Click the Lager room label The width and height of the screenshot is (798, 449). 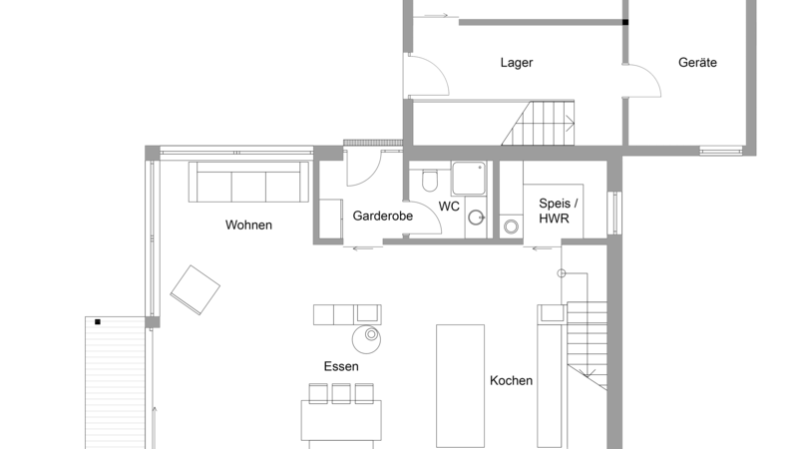(x=517, y=63)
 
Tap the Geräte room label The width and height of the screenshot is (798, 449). (x=697, y=63)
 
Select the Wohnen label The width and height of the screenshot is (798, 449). (x=248, y=225)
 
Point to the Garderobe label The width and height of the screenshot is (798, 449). (x=383, y=216)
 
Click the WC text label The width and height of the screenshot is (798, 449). (x=449, y=207)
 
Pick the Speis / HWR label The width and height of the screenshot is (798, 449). (x=558, y=211)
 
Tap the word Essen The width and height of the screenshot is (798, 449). (x=341, y=366)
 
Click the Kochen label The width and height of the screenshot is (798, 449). (x=511, y=381)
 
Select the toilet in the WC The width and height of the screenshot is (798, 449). (x=430, y=180)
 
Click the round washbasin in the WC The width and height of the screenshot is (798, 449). (x=477, y=218)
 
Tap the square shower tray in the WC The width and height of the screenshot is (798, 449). (x=469, y=179)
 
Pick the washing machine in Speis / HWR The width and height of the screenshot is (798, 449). (x=511, y=226)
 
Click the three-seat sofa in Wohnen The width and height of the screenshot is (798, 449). (x=248, y=183)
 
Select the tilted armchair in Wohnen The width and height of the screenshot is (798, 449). (x=195, y=289)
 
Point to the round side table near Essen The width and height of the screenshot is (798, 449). (x=366, y=339)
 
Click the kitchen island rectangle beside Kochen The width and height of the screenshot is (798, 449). (x=460, y=386)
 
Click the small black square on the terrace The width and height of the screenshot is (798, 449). (x=98, y=321)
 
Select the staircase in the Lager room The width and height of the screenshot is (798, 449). (x=539, y=123)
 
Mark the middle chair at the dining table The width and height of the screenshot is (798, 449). (x=341, y=393)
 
